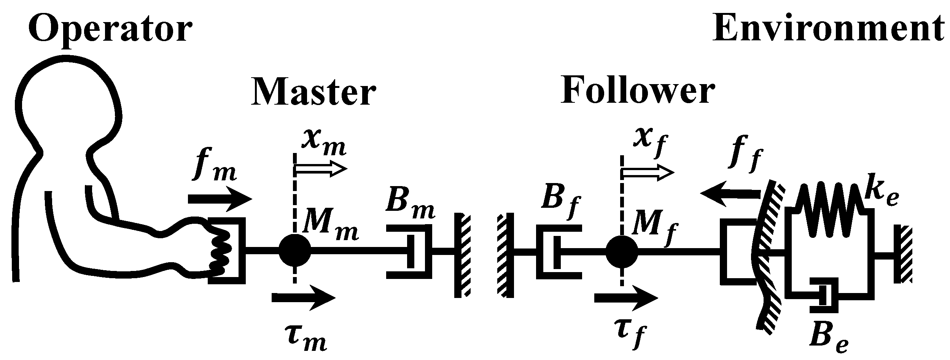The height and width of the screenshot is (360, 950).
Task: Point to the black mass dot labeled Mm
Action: [x=294, y=250]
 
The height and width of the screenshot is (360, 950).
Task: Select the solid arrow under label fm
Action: [x=220, y=199]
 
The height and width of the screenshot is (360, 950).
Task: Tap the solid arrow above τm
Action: [x=303, y=298]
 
